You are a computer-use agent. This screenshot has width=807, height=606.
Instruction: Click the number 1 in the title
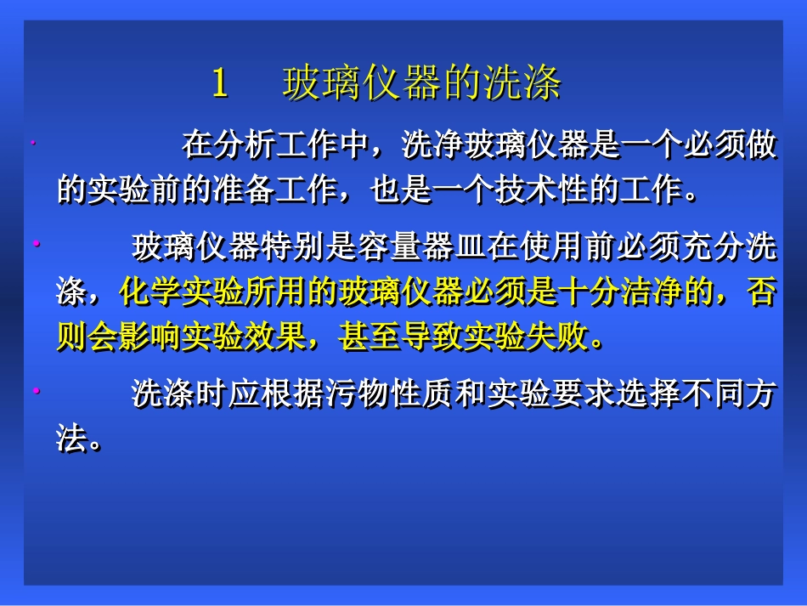[x=219, y=84]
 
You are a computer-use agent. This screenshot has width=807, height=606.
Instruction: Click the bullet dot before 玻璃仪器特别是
[x=37, y=245]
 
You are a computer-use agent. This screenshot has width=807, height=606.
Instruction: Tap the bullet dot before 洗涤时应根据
[x=37, y=391]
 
